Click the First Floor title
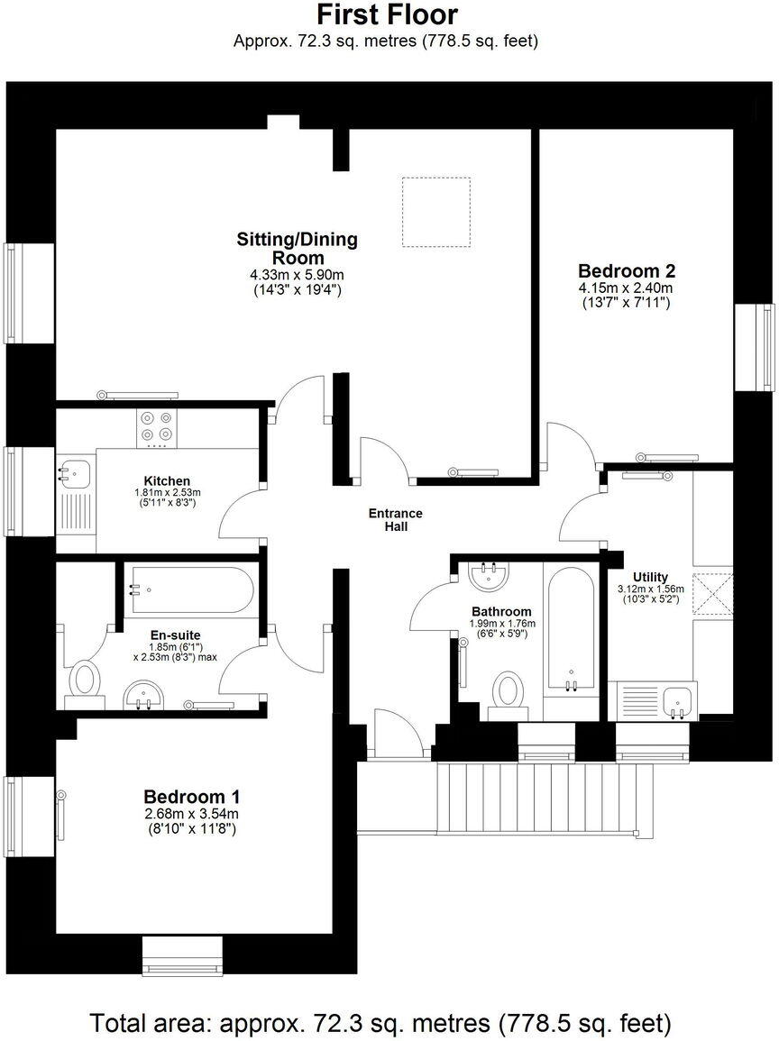(387, 15)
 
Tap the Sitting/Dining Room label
(297, 248)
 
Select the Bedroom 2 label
(627, 270)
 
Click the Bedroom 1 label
(191, 797)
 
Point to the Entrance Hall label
(395, 520)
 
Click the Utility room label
(650, 577)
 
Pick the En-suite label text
(175, 635)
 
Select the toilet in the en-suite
(86, 680)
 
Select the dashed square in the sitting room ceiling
(435, 212)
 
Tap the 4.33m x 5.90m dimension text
(297, 276)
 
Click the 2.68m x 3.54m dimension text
(191, 815)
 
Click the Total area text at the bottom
(380, 1024)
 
